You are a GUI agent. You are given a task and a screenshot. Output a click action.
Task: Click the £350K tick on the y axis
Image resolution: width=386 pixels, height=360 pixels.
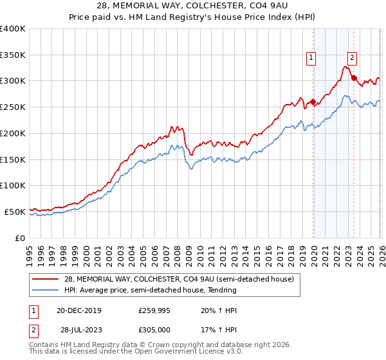pyautogui.click(x=13, y=55)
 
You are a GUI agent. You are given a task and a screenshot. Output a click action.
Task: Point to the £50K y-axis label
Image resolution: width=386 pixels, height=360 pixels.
pyautogui.click(x=15, y=212)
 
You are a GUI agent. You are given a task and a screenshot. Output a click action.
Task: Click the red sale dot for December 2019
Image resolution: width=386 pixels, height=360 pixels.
pyautogui.click(x=313, y=102)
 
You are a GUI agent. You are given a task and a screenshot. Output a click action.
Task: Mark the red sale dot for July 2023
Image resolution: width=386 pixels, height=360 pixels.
pyautogui.click(x=354, y=78)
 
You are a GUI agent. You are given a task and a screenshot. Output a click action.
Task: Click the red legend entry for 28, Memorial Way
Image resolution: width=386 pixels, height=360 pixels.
pyautogui.click(x=178, y=279)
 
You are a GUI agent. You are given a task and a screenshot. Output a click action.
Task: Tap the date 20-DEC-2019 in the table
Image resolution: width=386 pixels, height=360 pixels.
pyautogui.click(x=78, y=310)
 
